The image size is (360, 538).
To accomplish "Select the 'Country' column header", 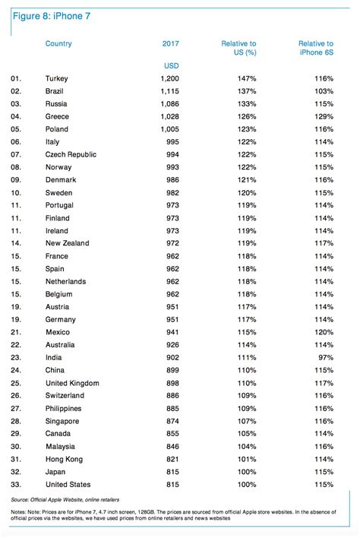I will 58,44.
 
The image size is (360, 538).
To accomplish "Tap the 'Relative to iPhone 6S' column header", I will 315,49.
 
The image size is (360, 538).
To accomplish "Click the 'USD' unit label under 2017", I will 171,65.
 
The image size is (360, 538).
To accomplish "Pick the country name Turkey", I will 57,78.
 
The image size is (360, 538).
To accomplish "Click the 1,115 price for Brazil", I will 171,91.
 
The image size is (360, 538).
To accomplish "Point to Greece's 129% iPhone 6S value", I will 323,116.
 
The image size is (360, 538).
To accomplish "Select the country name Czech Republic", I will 71,154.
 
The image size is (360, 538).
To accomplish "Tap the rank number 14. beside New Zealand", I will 17,243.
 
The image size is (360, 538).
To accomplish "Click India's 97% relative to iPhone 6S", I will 325,357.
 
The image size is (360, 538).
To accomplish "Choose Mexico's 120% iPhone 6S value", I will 323,332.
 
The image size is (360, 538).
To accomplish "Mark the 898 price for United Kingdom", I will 174,383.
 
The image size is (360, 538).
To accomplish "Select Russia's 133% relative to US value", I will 246,103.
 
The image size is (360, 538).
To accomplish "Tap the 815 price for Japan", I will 174,472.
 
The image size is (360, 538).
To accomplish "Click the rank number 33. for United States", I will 17,484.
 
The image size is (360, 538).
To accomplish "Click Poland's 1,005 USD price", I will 171,129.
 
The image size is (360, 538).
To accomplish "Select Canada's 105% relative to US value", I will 246,433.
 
